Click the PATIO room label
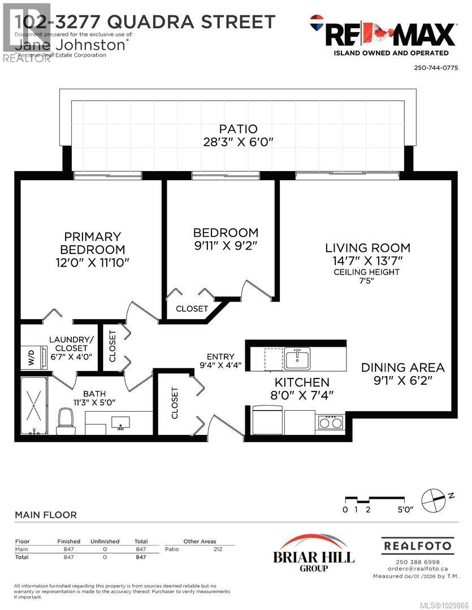click(x=239, y=129)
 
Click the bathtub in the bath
click(x=35, y=405)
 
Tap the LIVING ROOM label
click(x=367, y=247)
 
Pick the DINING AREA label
click(x=403, y=367)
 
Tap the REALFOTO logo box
click(x=418, y=546)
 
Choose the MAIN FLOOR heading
click(x=45, y=515)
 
